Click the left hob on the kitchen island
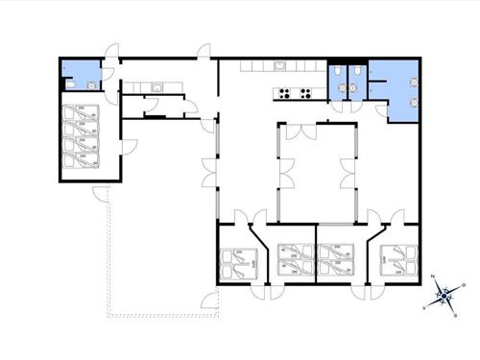[x=284, y=93]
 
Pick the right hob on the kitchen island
[x=306, y=93]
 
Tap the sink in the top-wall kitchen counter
[x=276, y=66]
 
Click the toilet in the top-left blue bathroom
[x=71, y=84]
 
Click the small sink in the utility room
[x=155, y=87]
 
